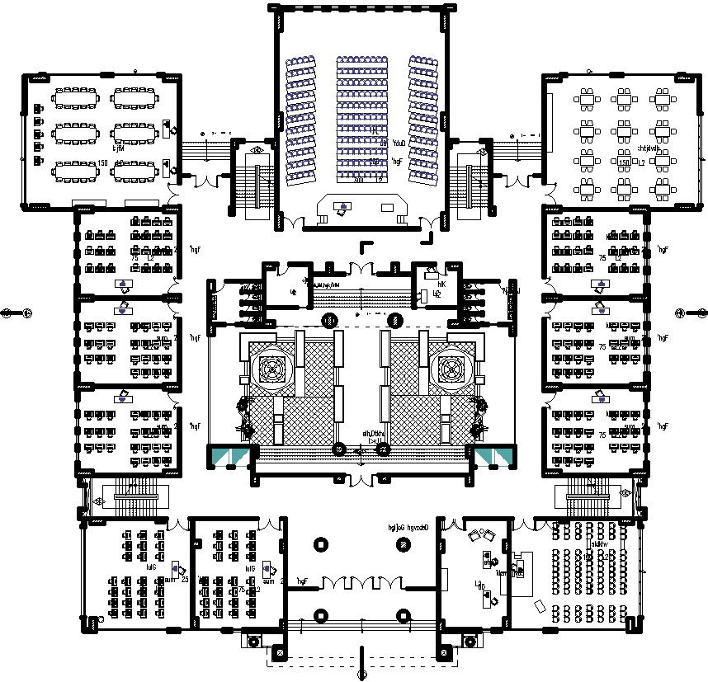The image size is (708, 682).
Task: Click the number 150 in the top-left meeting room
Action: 103,162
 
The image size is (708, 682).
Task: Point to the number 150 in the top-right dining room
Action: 624,162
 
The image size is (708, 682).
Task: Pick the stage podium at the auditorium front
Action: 361,205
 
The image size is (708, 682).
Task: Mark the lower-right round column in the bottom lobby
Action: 404,614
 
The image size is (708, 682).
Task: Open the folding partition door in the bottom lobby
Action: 361,584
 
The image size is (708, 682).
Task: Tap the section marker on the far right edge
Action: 691,312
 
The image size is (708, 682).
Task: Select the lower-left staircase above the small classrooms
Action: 132,496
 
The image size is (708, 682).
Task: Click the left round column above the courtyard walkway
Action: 330,320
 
